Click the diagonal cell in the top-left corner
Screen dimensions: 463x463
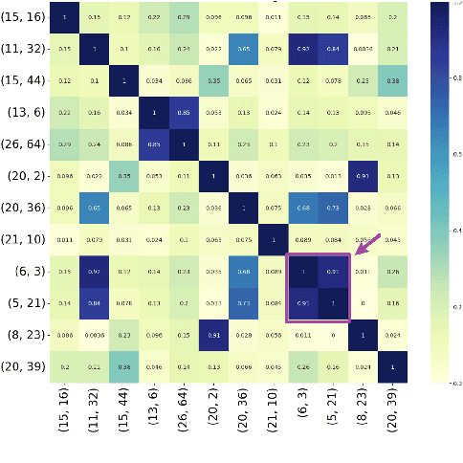point(64,17)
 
